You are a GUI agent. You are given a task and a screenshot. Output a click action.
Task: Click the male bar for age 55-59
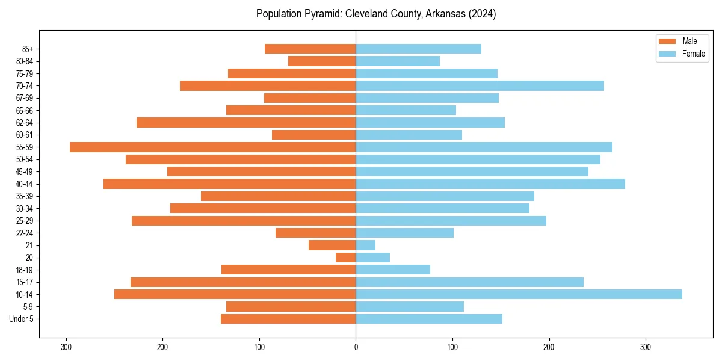[212, 147]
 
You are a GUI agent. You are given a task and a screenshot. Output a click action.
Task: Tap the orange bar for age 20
[345, 258]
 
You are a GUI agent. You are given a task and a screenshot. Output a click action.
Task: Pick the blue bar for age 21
[365, 245]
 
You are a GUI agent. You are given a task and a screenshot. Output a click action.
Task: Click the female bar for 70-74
[480, 85]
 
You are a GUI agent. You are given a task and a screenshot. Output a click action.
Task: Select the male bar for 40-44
[229, 184]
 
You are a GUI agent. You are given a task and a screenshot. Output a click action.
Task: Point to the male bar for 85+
[310, 49]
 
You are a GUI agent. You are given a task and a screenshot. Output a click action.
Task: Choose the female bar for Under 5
[428, 319]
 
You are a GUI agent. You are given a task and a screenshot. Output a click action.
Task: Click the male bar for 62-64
[246, 122]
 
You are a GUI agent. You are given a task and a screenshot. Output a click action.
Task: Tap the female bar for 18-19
[393, 270]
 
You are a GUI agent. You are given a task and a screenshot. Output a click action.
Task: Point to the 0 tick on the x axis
[356, 347]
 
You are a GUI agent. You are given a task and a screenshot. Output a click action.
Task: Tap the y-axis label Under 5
[21, 319]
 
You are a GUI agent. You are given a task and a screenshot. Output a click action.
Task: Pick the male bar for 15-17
[243, 282]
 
